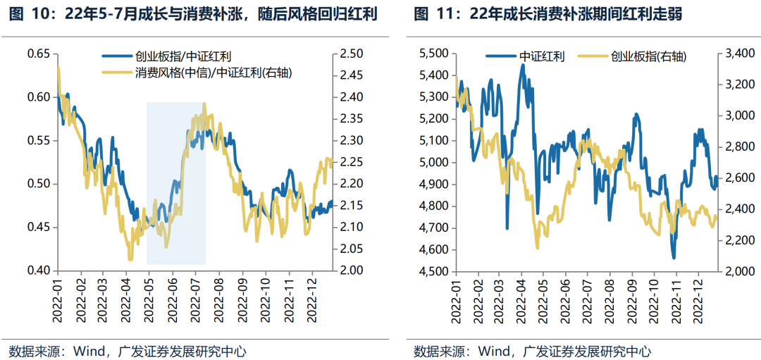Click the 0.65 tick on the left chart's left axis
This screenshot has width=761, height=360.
[38, 54]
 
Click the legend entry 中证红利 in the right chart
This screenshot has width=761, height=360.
[542, 57]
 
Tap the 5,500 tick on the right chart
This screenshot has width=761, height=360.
[434, 54]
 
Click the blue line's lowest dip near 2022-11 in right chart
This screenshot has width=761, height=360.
[674, 258]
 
